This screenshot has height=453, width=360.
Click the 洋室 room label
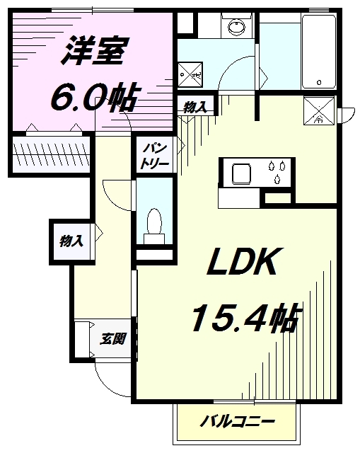[x=94, y=51]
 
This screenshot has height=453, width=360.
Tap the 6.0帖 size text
[x=93, y=98]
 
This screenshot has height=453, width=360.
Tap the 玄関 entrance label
[x=112, y=339]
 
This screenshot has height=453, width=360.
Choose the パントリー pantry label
[x=154, y=156]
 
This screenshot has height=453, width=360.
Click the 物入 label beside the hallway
[x=71, y=241]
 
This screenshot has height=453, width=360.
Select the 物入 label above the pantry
[x=195, y=107]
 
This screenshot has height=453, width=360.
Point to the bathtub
[x=319, y=52]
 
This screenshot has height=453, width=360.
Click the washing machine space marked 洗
[x=190, y=74]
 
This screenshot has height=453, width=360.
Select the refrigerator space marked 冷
[x=319, y=110]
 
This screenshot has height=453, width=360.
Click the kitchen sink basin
[x=241, y=174]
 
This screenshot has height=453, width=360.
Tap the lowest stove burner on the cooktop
[x=277, y=179]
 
